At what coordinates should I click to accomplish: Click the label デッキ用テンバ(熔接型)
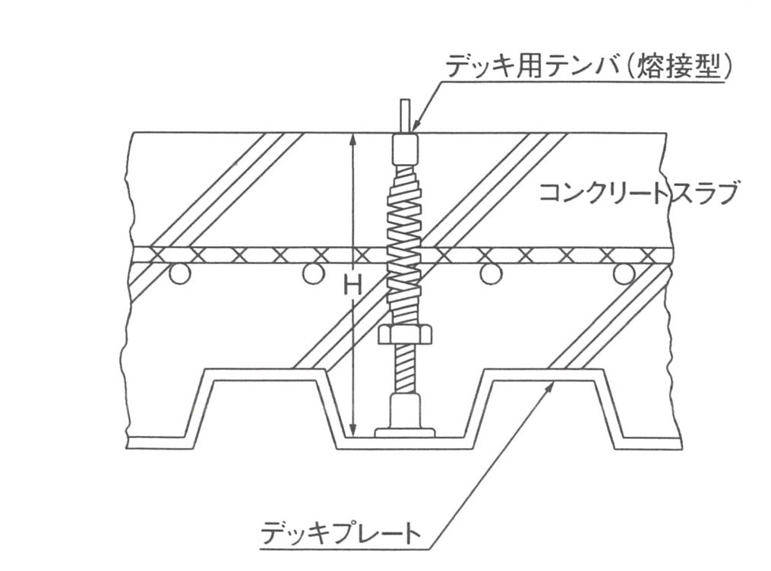pos(588,69)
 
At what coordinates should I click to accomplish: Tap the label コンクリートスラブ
pos(638,194)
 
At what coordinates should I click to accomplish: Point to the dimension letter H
pos(352,287)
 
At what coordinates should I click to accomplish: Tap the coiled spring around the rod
pos(404,243)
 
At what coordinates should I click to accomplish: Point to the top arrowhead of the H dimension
pos(352,140)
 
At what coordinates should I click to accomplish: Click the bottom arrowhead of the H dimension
pos(352,431)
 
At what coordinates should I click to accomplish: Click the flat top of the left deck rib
pos(265,373)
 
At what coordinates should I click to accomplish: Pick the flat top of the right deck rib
pos(547,373)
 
